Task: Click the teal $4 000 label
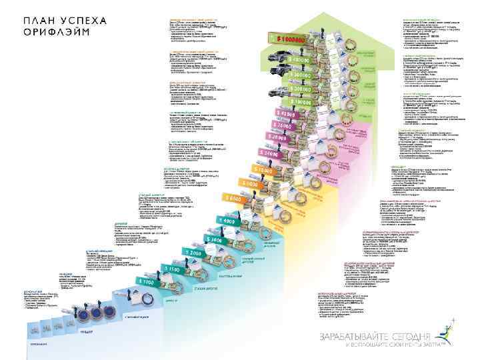(226, 221)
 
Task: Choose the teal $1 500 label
(171, 268)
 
